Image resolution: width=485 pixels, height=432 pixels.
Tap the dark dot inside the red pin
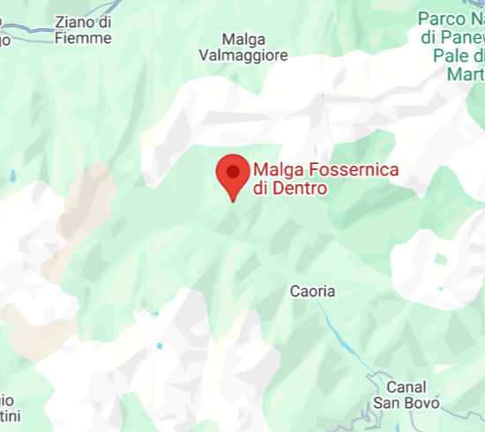click(232, 169)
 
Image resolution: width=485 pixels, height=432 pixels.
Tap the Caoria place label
click(313, 291)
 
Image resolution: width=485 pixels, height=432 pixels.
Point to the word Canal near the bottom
click(407, 386)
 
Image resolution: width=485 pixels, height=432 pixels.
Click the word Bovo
click(420, 403)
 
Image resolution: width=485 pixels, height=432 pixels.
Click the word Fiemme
click(83, 38)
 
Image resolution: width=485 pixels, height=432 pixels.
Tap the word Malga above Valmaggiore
click(242, 39)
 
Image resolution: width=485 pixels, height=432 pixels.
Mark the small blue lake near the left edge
click(14, 175)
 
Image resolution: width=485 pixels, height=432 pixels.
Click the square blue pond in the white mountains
click(160, 346)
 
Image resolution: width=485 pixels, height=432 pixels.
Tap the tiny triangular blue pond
click(155, 312)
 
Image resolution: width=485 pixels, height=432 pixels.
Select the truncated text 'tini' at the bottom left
click(8, 415)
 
